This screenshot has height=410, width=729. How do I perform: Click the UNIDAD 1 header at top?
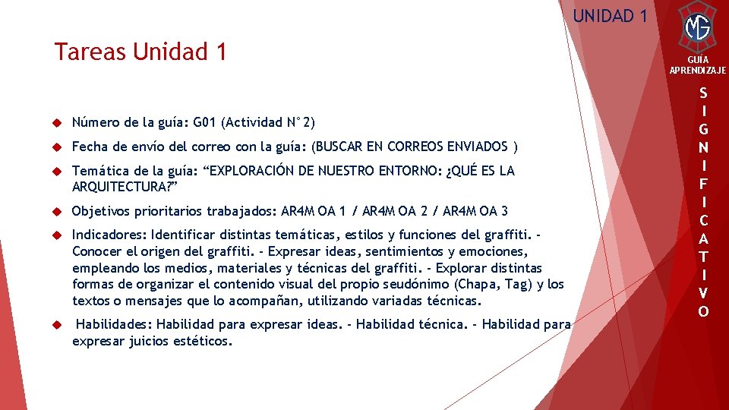610,15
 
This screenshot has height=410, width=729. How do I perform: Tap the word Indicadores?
109,235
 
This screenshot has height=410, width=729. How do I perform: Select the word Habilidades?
115,325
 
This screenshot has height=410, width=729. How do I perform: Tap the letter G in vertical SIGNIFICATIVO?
704,128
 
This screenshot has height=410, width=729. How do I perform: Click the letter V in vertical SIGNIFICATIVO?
704,292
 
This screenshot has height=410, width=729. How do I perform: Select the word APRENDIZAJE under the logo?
698,71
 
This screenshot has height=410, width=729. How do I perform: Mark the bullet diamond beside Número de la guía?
56,122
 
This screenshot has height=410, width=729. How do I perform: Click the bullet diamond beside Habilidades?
56,325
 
